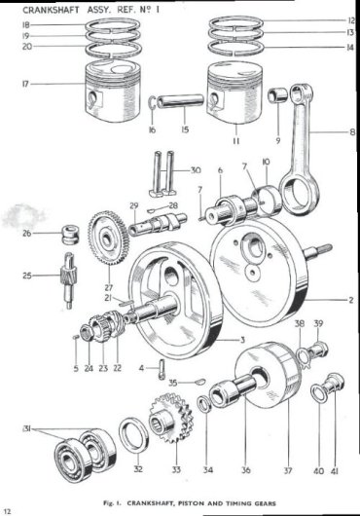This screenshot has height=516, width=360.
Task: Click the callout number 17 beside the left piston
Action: tap(20, 85)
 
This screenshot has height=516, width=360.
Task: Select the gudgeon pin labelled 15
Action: tap(182, 100)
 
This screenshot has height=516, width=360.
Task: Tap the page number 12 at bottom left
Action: tap(8, 507)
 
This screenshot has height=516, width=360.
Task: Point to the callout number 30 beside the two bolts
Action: tap(197, 169)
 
